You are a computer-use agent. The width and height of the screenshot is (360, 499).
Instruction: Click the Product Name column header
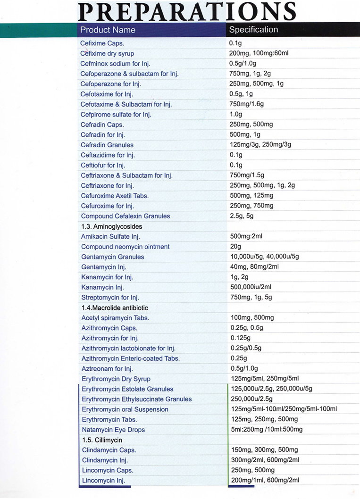[108, 30]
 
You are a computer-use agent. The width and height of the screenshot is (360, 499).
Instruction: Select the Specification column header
[253, 30]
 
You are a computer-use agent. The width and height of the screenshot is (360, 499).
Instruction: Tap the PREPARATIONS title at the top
[187, 11]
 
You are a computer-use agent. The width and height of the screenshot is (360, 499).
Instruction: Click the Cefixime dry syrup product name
[107, 53]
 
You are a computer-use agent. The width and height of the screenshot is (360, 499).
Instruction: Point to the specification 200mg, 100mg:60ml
[259, 53]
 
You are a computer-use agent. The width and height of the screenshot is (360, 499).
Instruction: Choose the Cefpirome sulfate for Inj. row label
[116, 114]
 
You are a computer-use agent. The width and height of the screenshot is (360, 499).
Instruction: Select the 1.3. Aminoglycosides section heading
[111, 226]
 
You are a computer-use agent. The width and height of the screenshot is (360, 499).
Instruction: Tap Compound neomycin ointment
[125, 247]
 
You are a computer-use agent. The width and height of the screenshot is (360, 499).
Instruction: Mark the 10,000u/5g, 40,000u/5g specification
[264, 257]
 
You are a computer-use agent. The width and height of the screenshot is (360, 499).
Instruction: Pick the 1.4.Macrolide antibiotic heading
[115, 308]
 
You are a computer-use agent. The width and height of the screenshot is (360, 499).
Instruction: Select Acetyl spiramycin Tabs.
[115, 318]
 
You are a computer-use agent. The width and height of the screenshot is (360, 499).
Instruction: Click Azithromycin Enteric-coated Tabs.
[130, 358]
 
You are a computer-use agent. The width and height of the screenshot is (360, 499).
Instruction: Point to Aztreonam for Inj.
[107, 368]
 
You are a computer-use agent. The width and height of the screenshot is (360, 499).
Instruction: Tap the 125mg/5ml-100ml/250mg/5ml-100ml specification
[283, 409]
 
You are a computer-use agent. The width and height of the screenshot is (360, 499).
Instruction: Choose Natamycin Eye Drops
[113, 430]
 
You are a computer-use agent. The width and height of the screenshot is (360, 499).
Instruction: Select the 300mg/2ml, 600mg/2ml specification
[265, 460]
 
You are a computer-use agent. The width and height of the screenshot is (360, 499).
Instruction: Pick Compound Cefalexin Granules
[125, 216]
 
